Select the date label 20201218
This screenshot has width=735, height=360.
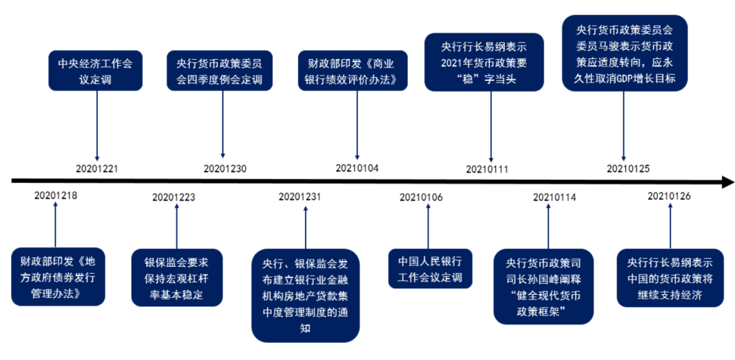(x=56, y=196)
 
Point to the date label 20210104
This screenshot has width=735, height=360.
(x=357, y=167)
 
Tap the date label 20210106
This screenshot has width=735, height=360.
(x=421, y=197)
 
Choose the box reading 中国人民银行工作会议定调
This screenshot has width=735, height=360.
(x=430, y=269)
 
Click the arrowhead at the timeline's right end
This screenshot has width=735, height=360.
(x=728, y=182)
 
